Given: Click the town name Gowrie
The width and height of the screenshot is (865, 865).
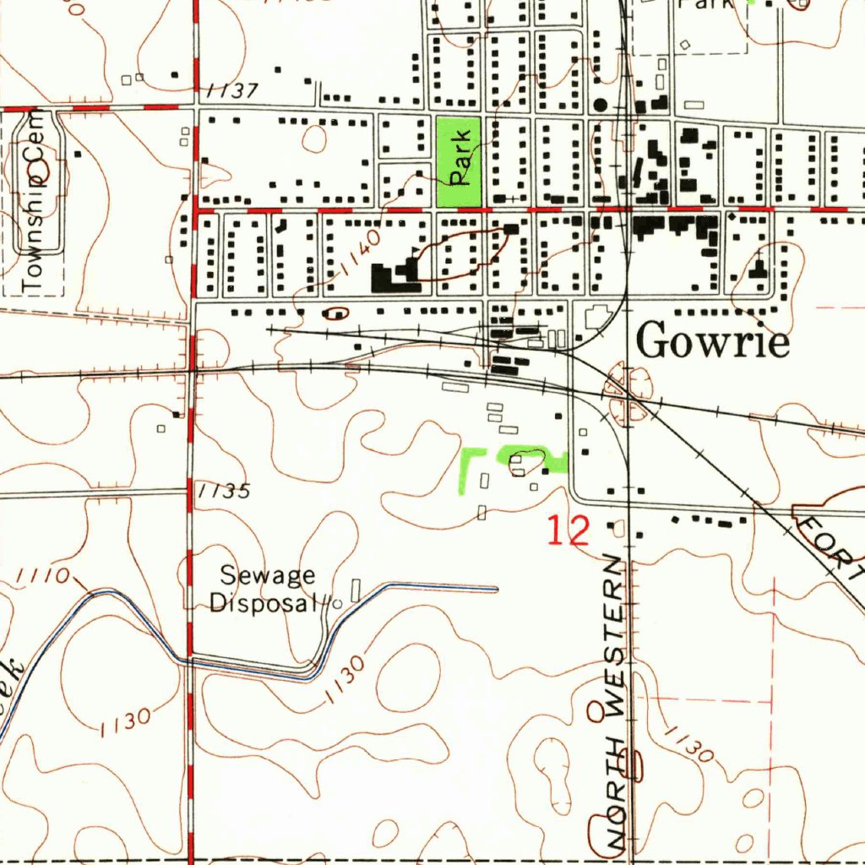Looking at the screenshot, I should tap(713, 342).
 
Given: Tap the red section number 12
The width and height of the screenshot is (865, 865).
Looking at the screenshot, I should tap(568, 530).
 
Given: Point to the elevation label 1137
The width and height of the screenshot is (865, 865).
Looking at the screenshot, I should tap(231, 91).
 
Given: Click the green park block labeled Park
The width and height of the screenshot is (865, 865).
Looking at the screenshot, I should tap(459, 161).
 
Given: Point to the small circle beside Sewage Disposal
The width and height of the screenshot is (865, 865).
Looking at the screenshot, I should tap(337, 603).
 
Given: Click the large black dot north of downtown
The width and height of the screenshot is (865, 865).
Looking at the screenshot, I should tap(601, 105).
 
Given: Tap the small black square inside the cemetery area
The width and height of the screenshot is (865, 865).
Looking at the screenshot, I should tap(77, 154).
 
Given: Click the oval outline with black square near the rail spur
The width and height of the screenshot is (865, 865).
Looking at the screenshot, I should tap(336, 313).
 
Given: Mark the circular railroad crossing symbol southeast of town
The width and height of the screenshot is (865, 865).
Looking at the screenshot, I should tap(628, 394).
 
